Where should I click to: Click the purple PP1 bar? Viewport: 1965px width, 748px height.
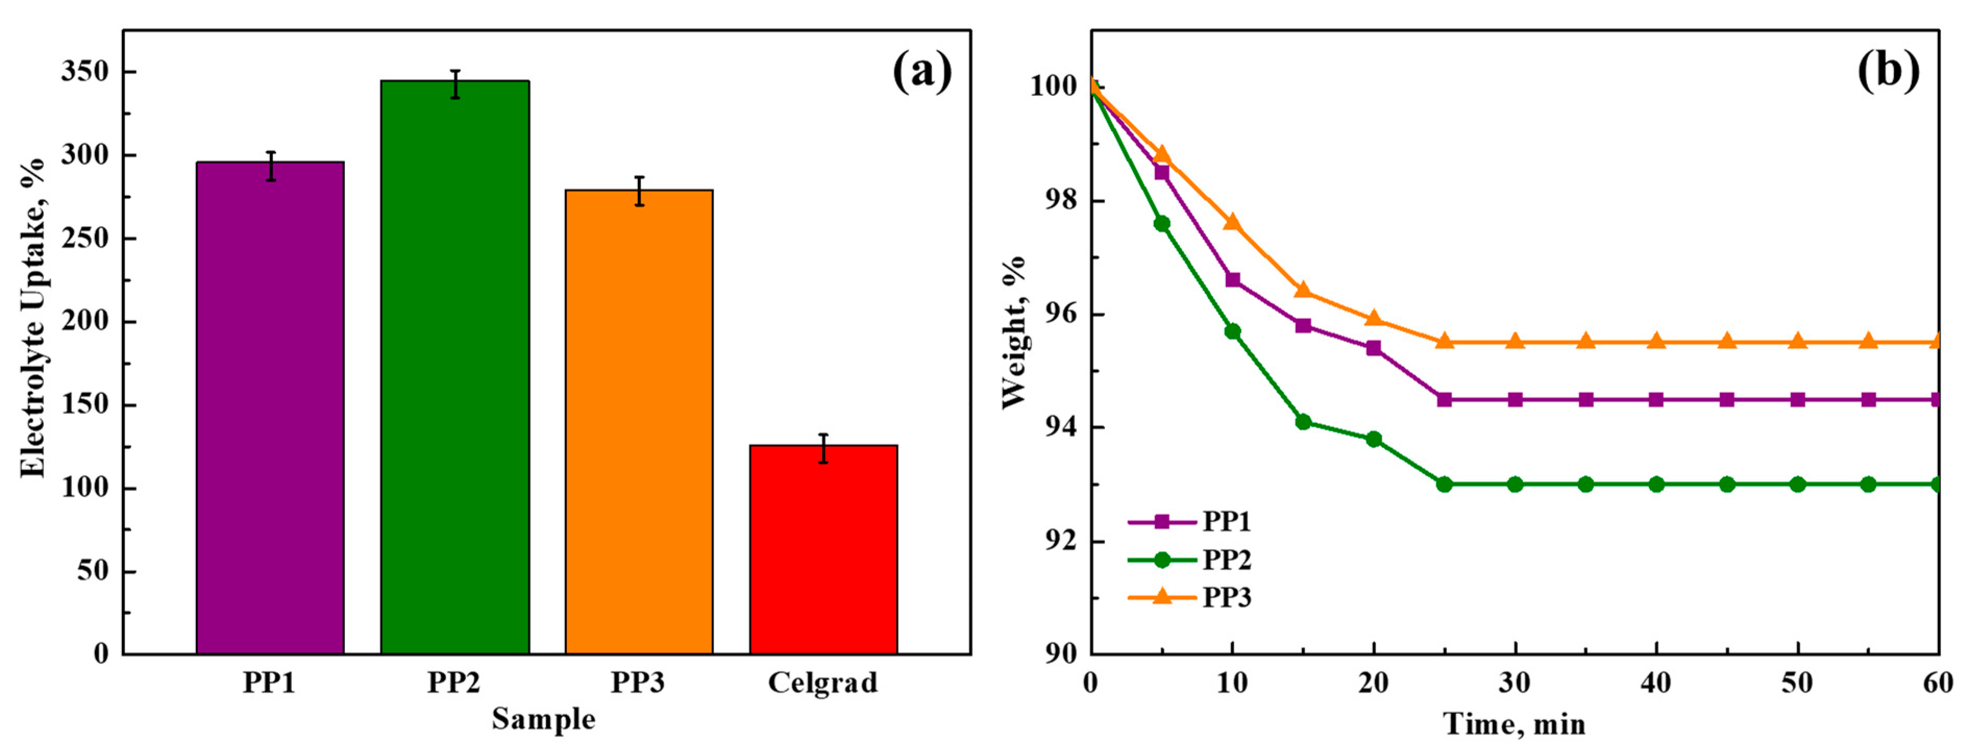(270, 408)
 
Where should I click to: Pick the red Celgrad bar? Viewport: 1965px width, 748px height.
(823, 549)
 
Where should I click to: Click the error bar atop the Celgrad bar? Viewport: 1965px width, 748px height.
(823, 448)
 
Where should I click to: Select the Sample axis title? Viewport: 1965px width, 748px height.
(543, 719)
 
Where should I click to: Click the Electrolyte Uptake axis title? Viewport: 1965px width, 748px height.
(32, 319)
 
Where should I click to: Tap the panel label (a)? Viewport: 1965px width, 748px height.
(921, 72)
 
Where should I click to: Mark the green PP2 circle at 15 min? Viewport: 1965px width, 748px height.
(1303, 421)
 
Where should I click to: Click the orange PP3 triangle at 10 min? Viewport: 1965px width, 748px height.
(1232, 222)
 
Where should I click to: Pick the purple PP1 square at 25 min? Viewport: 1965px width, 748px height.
(1444, 400)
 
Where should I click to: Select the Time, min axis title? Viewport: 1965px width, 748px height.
(1514, 723)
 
